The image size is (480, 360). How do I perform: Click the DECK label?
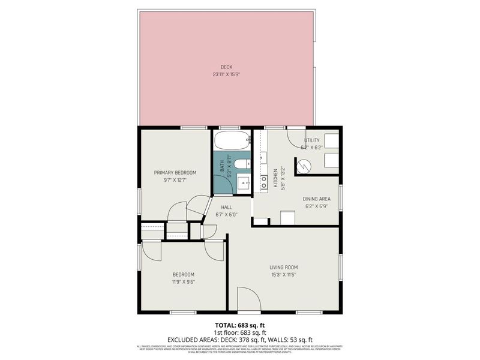(x=226, y=67)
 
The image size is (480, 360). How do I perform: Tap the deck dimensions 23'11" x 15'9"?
(x=226, y=75)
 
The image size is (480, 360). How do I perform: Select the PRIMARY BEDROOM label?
(x=175, y=173)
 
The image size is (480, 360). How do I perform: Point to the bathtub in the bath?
(x=230, y=143)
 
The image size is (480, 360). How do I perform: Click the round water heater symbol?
(x=304, y=164)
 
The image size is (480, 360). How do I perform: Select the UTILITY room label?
(x=311, y=140)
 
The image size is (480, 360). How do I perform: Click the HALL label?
(x=226, y=207)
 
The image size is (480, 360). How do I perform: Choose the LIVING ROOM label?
(x=283, y=267)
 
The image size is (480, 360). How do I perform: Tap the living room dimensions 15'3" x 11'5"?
(x=283, y=275)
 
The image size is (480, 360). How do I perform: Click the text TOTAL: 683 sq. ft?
(x=239, y=325)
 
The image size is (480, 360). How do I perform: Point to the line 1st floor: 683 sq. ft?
(x=239, y=332)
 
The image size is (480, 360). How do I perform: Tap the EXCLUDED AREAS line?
(x=239, y=340)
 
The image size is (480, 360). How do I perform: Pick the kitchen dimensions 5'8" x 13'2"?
(x=283, y=178)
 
